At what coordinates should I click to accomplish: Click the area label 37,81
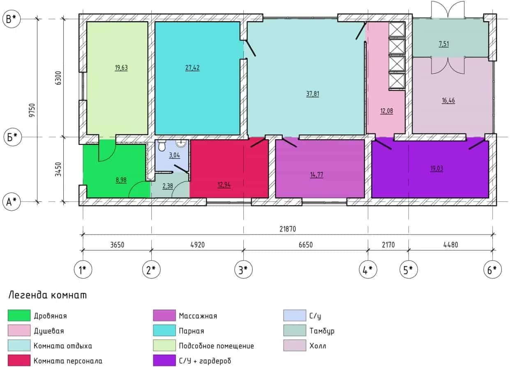point(313,94)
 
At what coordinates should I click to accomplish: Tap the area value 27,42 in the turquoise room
point(192,68)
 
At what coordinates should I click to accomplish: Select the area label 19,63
point(121,68)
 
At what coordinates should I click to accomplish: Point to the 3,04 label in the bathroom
point(175,155)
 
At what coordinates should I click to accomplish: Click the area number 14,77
point(316,175)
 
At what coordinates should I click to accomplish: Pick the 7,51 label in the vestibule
point(443,44)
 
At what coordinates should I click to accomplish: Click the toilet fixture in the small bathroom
point(162,145)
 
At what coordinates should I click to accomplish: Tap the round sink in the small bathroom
point(181,143)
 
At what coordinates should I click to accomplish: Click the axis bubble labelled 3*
point(244,269)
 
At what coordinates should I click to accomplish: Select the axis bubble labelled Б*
point(13,137)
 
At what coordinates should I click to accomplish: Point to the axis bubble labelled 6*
point(492,269)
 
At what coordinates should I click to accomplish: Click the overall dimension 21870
point(288,229)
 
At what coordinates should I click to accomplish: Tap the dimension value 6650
point(306,245)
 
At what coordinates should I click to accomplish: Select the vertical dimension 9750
point(32,110)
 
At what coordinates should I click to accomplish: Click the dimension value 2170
point(388,245)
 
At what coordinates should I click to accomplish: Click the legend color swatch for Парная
point(164,330)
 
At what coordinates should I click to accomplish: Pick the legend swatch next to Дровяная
point(19,316)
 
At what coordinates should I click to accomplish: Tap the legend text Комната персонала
point(68,361)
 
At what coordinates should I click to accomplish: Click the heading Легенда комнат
point(47,295)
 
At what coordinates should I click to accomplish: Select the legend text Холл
point(318,346)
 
